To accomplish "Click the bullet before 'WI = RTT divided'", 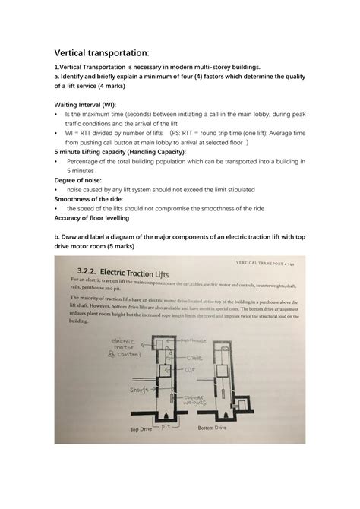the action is [57, 131].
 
